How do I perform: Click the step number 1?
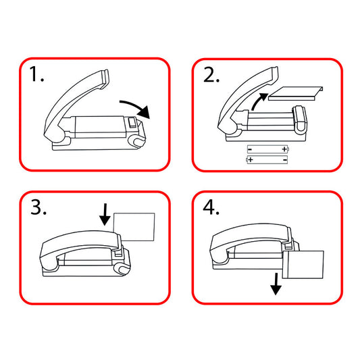(x=36, y=74)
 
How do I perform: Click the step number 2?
(x=211, y=74)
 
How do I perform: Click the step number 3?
(x=38, y=207)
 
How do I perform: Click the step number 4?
(x=211, y=207)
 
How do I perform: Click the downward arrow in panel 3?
(x=105, y=214)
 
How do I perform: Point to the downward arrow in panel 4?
(x=276, y=284)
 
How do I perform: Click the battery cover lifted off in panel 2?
(x=296, y=93)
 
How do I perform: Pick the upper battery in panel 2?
(x=267, y=149)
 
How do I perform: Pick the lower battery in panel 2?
(x=267, y=159)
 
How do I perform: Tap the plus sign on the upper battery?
(x=284, y=149)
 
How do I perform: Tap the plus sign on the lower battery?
(x=251, y=159)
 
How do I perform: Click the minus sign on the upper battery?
(x=250, y=150)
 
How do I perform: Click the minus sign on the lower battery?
(x=285, y=159)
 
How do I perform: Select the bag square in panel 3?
(x=134, y=227)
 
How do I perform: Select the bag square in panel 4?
(x=303, y=265)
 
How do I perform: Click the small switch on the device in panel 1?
(x=132, y=123)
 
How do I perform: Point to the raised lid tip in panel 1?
(x=105, y=78)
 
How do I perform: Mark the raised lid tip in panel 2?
(x=274, y=74)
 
